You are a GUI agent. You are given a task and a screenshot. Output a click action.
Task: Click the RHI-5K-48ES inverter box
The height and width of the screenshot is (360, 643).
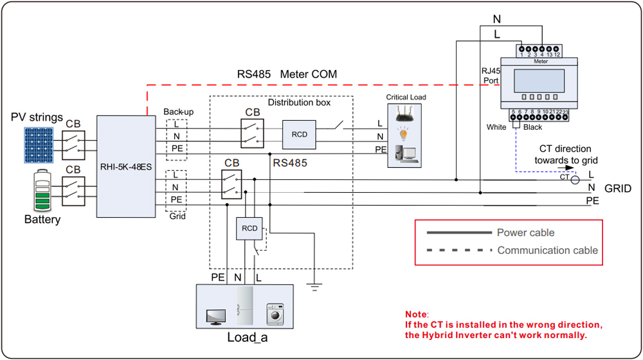click(126, 166)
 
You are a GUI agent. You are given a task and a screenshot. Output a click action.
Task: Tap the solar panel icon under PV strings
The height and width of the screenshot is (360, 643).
click(39, 145)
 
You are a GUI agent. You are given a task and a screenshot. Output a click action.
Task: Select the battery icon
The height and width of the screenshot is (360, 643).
click(42, 190)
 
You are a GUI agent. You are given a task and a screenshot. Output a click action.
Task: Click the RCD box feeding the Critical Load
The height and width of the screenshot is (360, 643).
click(299, 134)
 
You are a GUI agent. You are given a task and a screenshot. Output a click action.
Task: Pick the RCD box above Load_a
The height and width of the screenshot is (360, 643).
click(249, 228)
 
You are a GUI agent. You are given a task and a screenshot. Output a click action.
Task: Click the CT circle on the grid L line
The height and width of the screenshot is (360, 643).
click(575, 179)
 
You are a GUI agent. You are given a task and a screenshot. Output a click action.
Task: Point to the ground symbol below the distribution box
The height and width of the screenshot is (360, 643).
click(314, 287)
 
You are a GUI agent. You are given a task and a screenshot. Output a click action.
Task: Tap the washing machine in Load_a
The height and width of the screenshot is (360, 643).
click(275, 314)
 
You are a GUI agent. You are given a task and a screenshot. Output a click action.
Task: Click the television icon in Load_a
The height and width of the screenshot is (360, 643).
click(216, 317)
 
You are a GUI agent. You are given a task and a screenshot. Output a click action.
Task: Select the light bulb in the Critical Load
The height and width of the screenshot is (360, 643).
click(404, 134)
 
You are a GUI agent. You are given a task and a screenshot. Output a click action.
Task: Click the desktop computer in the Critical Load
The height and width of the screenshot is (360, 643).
click(406, 154)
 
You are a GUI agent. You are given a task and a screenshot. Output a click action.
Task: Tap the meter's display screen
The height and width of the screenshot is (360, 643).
click(539, 81)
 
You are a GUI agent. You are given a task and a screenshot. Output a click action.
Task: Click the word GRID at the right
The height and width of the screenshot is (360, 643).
click(617, 188)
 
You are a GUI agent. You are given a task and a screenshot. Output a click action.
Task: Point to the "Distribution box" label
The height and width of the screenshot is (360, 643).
click(299, 102)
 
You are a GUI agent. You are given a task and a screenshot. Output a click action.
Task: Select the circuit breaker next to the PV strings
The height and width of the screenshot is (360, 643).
click(73, 145)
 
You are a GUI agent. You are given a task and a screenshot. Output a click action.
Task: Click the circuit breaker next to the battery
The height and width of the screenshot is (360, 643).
click(73, 191)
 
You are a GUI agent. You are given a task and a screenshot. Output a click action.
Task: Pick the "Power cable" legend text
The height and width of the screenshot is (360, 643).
click(526, 233)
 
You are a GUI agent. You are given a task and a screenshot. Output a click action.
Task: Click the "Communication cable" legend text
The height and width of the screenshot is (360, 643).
click(547, 250)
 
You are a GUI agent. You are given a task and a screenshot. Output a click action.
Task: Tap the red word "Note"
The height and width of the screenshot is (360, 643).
click(416, 314)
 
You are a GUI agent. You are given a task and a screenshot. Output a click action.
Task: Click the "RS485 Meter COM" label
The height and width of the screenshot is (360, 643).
click(287, 74)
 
